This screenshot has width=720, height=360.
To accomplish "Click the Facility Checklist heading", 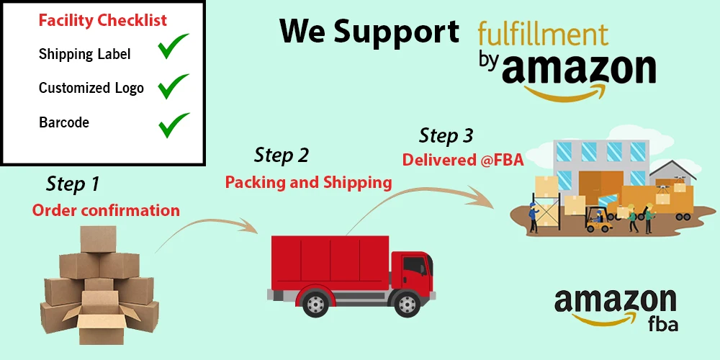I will pos(102,20).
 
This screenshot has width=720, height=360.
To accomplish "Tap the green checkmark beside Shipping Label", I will pos(173,48).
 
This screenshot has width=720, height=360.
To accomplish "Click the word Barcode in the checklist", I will pos(64,122).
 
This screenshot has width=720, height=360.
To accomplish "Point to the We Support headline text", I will pos(369,31).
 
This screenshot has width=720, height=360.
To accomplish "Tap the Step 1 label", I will pos(73,184).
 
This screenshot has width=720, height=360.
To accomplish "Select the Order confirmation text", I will pos(106,210).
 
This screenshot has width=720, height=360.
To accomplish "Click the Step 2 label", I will pos(281,155).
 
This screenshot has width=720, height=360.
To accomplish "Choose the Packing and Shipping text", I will pos(308,182).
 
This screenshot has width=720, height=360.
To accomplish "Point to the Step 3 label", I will pos(446,135).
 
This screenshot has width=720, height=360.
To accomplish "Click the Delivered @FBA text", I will pos(463,161).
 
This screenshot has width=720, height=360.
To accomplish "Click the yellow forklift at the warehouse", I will pos(598,220).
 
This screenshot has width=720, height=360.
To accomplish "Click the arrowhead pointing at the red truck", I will pos(252,228).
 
